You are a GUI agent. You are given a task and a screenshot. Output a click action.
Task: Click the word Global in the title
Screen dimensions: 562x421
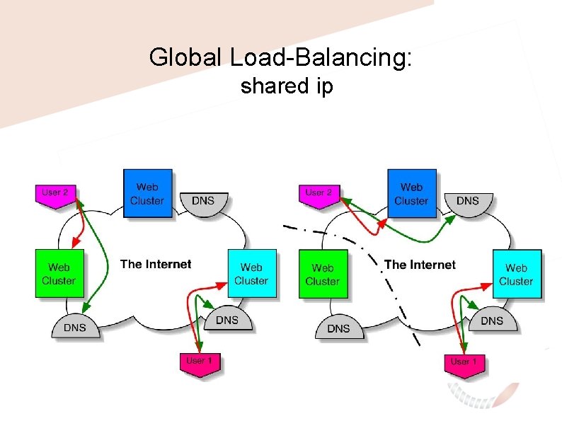pos(185,57)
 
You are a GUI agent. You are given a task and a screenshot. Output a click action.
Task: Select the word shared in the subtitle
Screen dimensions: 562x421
pos(275,86)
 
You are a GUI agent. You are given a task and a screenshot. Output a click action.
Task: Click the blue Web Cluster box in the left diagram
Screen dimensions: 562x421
pos(148,193)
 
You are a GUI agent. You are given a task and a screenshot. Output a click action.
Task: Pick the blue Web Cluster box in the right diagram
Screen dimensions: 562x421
pos(412,193)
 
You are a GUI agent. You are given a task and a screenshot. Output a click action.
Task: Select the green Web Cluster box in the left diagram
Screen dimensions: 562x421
pos(59,273)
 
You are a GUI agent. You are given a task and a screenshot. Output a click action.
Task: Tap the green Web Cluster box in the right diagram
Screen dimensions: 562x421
pos(323,274)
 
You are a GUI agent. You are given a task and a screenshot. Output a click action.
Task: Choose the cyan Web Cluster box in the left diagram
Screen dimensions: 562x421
pos(252,273)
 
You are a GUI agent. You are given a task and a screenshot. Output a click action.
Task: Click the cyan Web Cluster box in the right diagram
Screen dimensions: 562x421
pos(517,274)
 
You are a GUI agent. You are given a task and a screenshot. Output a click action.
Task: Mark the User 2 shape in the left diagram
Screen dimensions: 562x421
pos(55,196)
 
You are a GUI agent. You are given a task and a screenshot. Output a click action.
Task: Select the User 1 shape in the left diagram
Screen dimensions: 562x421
pos(200,364)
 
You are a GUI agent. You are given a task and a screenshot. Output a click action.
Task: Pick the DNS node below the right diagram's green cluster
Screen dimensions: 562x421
pos(339,326)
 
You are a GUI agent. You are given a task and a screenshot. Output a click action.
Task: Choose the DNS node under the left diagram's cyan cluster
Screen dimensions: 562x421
pos(228,318)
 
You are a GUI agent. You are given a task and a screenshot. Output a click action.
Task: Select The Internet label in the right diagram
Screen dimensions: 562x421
pos(420,265)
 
